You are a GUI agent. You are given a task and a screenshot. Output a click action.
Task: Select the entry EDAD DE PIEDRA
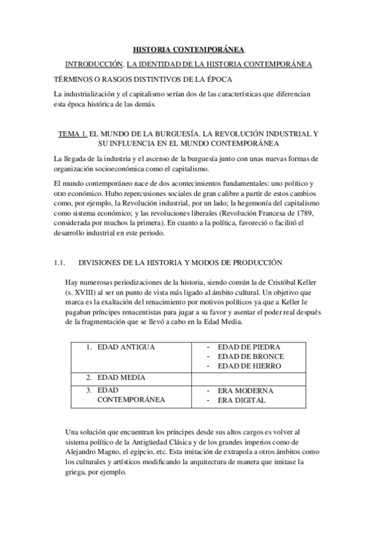[x=249, y=347]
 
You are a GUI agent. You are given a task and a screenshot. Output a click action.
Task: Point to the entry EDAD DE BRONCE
[x=250, y=356]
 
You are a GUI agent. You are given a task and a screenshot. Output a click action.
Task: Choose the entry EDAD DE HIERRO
[x=249, y=366]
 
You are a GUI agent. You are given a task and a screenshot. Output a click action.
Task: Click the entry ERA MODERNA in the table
[x=245, y=390]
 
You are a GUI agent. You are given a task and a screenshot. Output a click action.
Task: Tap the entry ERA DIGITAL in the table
[x=242, y=400]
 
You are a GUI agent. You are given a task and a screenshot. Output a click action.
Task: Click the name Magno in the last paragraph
[x=114, y=451]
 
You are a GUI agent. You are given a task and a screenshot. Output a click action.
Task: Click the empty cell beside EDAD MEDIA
[x=249, y=377]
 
